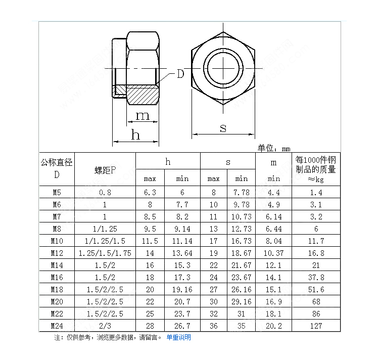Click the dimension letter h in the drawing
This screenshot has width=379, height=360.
(x=135, y=134)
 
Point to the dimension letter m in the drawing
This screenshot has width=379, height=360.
(x=143, y=115)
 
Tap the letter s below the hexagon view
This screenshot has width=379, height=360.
(x=223, y=128)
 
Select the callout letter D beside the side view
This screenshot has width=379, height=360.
(x=180, y=74)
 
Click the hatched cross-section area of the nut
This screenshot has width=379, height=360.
(x=141, y=94)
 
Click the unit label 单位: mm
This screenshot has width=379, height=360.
(x=274, y=148)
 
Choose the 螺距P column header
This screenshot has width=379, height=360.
(x=105, y=169)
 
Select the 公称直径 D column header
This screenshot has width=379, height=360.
(x=57, y=168)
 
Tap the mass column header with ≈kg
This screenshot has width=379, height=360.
(x=316, y=169)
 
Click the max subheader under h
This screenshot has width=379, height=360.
(x=150, y=178)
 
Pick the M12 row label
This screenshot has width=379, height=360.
(x=57, y=253)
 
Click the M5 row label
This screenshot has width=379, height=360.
(x=57, y=192)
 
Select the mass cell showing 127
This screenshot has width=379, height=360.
(x=316, y=326)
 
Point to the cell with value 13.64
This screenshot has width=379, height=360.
(x=182, y=253)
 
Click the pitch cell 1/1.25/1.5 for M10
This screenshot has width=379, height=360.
(x=105, y=241)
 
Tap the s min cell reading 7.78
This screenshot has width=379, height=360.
(x=241, y=192)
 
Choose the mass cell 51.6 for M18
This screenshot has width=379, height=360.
(x=316, y=289)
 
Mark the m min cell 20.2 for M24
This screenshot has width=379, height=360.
(x=274, y=326)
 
